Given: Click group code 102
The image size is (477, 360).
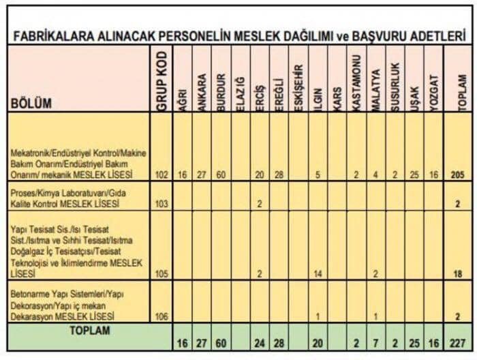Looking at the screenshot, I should [161, 175].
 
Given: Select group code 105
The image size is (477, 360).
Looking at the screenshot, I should [161, 274].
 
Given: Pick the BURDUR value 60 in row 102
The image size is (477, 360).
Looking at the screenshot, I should [220, 175].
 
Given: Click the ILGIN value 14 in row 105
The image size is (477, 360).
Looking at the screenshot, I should [317, 274].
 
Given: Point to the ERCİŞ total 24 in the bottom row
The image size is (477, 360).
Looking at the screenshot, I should [260, 342].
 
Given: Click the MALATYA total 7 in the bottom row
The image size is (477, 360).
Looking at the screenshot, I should [375, 342].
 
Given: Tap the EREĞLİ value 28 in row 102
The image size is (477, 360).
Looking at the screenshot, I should [278, 175].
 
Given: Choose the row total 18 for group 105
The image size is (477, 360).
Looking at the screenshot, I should [457, 274].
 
